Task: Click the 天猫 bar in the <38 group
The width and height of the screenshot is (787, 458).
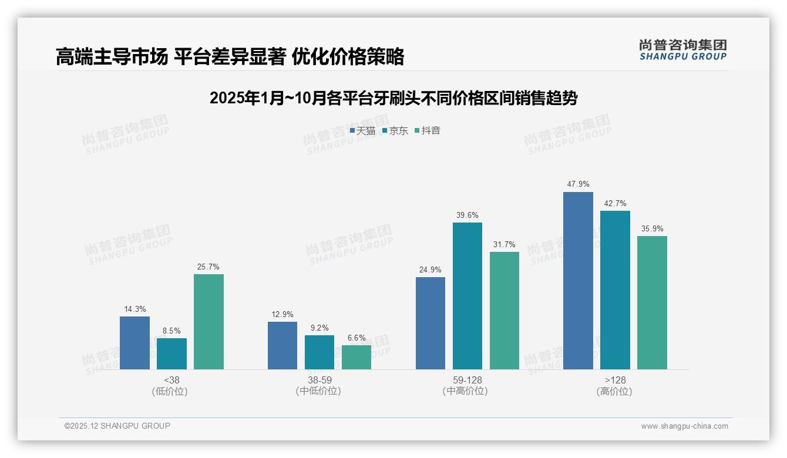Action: tap(134, 343)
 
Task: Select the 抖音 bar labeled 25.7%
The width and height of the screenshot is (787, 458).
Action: tap(208, 322)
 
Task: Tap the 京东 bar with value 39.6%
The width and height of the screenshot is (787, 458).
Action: tap(468, 296)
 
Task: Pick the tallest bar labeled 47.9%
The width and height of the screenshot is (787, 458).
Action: tap(578, 281)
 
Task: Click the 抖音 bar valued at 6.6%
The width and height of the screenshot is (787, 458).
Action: tap(356, 357)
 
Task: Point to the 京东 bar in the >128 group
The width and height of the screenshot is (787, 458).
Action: tap(615, 290)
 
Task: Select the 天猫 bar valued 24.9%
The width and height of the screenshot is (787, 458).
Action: tap(431, 323)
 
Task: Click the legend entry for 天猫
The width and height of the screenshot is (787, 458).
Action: tap(363, 131)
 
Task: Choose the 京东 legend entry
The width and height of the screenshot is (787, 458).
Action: tap(395, 131)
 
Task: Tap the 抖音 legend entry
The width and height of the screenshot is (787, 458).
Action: tap(428, 131)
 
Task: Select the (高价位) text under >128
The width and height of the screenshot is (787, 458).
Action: tap(614, 392)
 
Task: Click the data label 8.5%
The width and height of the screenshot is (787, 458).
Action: tap(171, 331)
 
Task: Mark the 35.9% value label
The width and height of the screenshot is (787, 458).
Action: tap(652, 228)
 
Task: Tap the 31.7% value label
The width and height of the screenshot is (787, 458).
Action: tap(505, 244)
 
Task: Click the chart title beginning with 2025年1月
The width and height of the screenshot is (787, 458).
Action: tap(393, 98)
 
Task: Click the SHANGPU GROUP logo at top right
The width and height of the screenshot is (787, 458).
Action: tap(682, 50)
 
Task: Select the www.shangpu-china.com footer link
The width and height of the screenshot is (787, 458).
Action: tap(684, 426)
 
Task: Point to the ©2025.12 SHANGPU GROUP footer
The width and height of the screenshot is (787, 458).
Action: tap(117, 426)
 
